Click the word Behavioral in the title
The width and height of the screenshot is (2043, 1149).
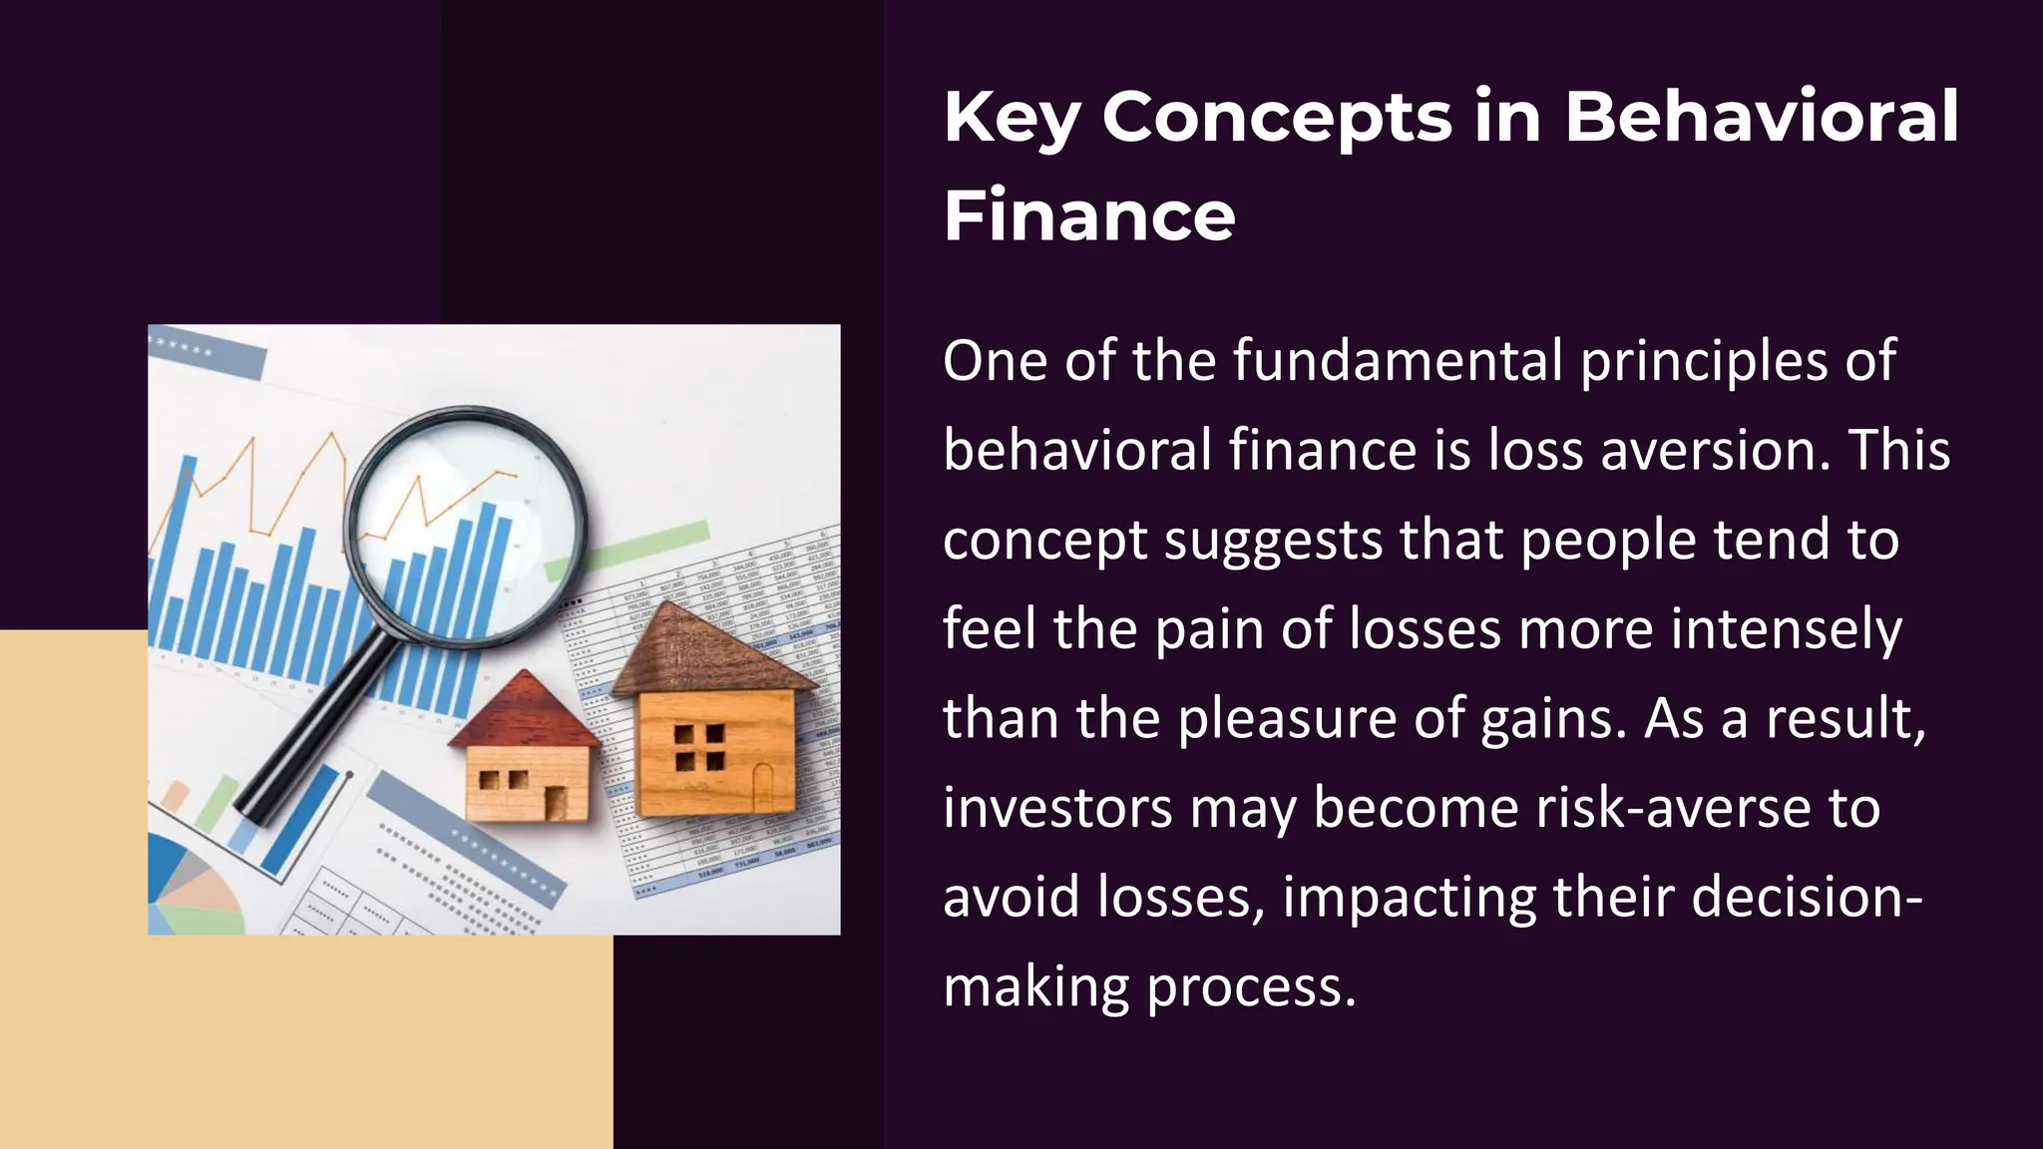(x=1761, y=117)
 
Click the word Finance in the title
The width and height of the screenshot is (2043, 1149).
(x=1089, y=215)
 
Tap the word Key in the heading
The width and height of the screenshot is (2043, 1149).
(x=1012, y=119)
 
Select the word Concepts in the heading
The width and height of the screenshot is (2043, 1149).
(x=1277, y=119)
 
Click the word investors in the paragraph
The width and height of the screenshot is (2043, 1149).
(x=1057, y=807)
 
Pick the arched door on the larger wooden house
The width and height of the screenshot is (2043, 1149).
(x=763, y=787)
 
